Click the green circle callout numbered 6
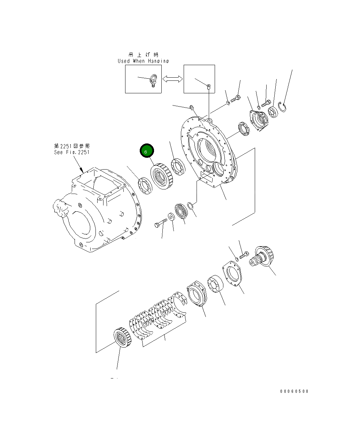coord(146,151)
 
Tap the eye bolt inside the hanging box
coord(153,81)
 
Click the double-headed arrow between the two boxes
coord(173,79)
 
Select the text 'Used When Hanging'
coord(143,61)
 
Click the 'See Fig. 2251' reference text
coord(72,152)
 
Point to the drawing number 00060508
coord(294,391)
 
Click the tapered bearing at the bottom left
coord(122,337)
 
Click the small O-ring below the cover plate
coord(190,206)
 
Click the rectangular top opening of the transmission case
coord(98,182)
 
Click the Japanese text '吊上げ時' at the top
coord(143,55)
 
